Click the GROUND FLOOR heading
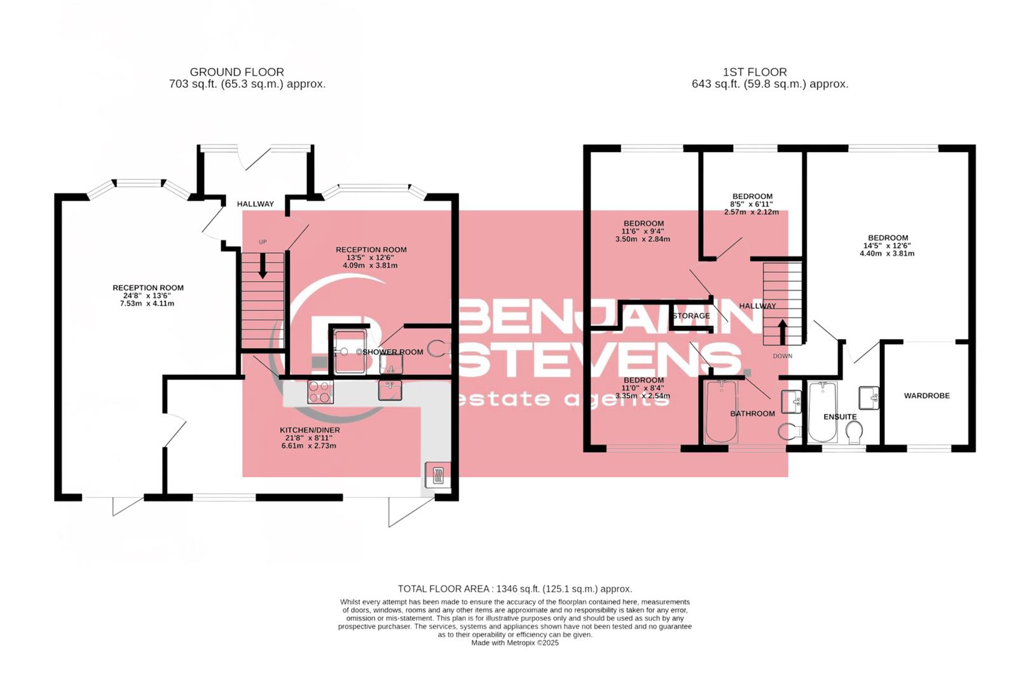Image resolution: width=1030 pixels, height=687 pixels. [x=237, y=72]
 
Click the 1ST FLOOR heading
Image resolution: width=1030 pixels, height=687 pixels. [x=755, y=72]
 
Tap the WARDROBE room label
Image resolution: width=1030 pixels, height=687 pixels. [x=926, y=396]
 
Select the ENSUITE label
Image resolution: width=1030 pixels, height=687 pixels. [x=840, y=417]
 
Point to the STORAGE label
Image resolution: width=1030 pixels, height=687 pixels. [x=691, y=316]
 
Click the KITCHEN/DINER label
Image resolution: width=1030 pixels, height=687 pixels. [x=310, y=430]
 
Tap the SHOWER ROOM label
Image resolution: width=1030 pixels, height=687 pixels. [x=392, y=352]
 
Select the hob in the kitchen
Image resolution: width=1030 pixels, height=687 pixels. [x=320, y=391]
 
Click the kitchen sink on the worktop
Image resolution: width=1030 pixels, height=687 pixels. [x=390, y=390]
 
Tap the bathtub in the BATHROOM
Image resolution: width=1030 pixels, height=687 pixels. [x=721, y=412]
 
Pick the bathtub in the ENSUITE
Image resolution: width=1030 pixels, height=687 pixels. [x=823, y=412]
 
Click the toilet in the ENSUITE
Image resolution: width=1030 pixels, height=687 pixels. [x=855, y=434]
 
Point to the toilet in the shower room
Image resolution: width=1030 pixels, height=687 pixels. [x=437, y=348]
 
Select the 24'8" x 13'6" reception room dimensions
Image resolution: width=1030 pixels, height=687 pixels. [x=148, y=296]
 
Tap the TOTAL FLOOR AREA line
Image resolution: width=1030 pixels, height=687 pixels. [x=514, y=589]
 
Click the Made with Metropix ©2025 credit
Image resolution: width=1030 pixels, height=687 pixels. [x=514, y=643]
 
